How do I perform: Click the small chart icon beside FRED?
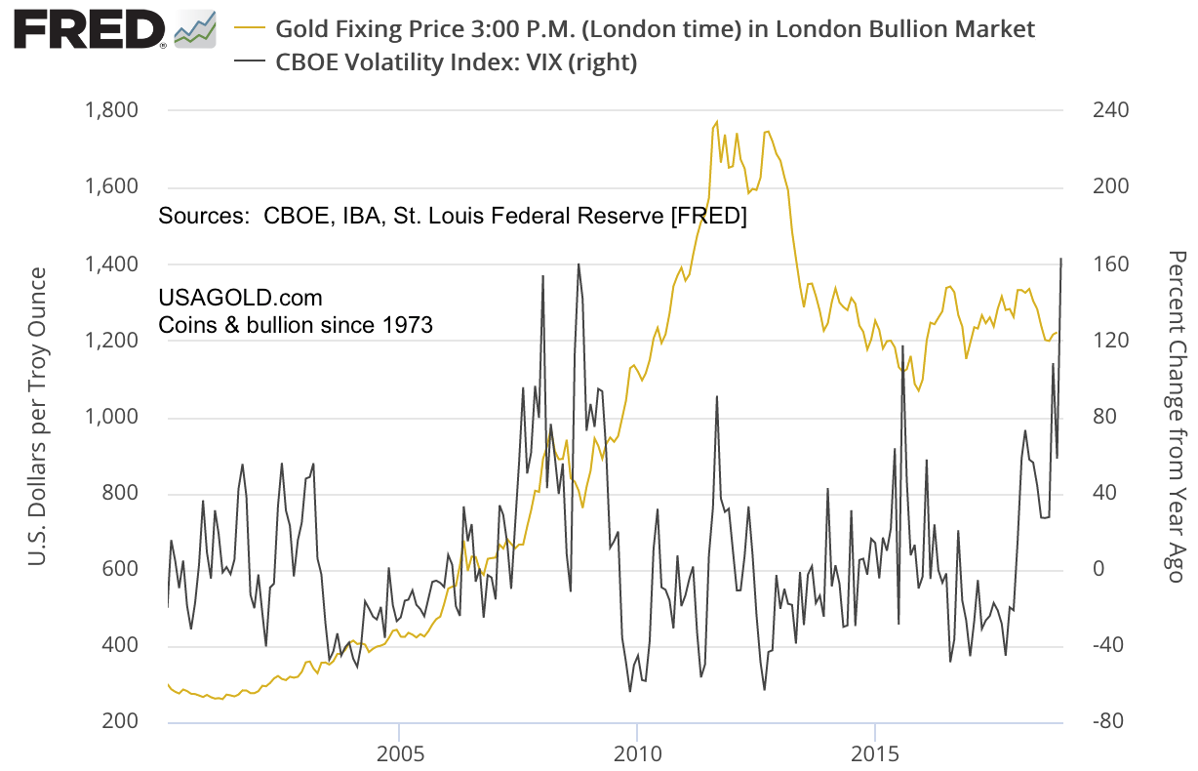[x=195, y=29]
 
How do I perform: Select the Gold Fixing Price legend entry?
[x=654, y=28]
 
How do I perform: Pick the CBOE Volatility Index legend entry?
[x=457, y=62]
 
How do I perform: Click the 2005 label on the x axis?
[x=399, y=754]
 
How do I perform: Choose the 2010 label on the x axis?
[x=636, y=754]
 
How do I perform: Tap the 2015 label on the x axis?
[x=875, y=754]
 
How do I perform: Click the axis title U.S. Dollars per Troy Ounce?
[x=37, y=416]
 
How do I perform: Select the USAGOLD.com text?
[x=240, y=297]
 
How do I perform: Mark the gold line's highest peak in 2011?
[x=716, y=122]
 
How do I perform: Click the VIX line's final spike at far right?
[x=1061, y=259]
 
